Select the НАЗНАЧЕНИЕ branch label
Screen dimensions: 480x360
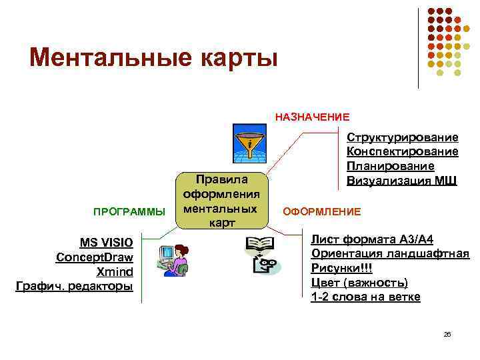point(312,117)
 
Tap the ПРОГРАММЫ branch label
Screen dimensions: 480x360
point(129,212)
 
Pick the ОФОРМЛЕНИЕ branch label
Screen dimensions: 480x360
point(322,211)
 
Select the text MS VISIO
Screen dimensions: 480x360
point(106,242)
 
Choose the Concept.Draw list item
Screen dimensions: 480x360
point(95,257)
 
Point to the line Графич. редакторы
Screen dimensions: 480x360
point(74,287)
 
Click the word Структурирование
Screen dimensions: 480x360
point(402,137)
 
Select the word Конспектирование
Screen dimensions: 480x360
point(402,152)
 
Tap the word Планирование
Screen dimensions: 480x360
point(391,166)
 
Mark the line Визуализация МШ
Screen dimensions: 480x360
point(402,180)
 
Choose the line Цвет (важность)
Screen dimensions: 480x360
point(359,283)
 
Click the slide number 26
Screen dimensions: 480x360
point(447,334)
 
